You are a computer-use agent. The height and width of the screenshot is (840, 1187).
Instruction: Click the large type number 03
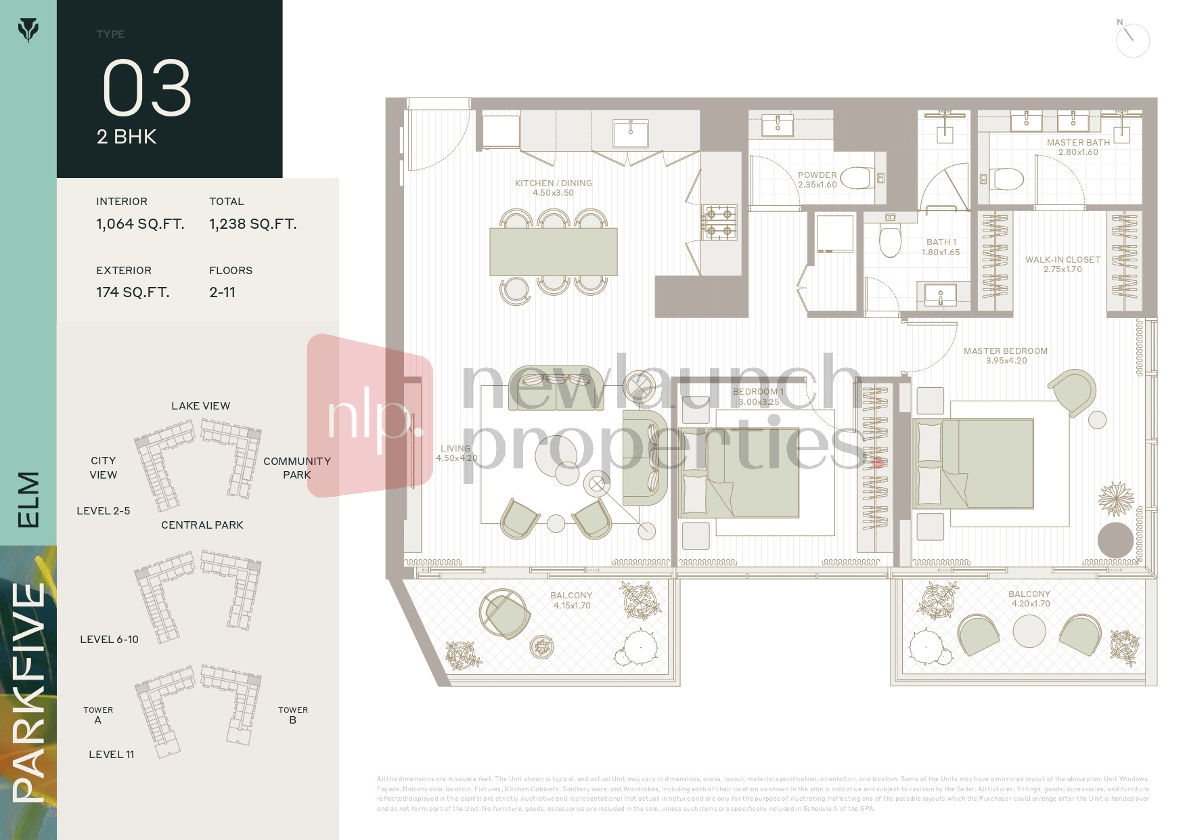pos(147,88)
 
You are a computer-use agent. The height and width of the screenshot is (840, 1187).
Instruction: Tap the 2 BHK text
pos(127,137)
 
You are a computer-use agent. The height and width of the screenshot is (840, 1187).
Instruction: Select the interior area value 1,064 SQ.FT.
pos(140,224)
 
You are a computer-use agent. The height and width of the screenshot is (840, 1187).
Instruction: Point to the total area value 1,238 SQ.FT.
pos(252,224)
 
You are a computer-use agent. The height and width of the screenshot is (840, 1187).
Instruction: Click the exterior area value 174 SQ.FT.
pos(133,292)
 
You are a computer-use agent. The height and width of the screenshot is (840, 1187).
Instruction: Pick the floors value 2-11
pos(222,292)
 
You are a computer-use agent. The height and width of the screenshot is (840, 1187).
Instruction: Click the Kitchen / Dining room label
pos(553,187)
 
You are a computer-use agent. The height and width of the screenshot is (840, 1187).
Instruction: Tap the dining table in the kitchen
pos(553,251)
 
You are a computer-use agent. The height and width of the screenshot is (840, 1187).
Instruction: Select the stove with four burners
pos(719,223)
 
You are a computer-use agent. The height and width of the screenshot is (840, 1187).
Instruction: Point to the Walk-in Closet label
pos(1062,264)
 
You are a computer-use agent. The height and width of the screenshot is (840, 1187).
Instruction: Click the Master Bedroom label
pos(1006,355)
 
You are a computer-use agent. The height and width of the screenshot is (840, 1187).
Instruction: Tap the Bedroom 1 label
pos(758,397)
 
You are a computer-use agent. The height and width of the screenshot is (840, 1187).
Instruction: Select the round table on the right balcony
pos(1029,632)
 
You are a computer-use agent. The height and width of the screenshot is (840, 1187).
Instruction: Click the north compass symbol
pos(1132,40)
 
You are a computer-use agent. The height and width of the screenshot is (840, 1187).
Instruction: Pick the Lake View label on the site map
pos(200,406)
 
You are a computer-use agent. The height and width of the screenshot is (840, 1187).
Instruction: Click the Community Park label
pos(296,468)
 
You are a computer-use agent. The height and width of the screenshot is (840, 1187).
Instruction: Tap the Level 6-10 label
pos(109,640)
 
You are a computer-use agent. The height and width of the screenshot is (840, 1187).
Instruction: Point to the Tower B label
pos(292,715)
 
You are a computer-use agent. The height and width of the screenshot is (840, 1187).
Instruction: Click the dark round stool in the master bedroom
pos(1115,539)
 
